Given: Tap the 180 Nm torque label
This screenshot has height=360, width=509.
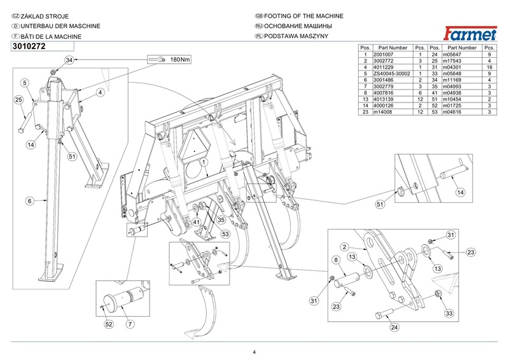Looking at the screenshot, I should [x=179, y=60].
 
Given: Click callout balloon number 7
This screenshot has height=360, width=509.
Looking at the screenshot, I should [x=130, y=324].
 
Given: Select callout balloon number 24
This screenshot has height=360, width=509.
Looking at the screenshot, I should [x=394, y=328].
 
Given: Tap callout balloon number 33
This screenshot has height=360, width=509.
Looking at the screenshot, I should [x=448, y=313].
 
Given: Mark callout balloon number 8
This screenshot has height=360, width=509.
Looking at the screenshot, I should [x=335, y=260].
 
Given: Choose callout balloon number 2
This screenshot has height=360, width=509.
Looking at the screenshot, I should [x=344, y=247].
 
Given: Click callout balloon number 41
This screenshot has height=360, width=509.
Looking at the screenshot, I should [x=197, y=222].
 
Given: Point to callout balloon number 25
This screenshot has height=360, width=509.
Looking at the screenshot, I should [x=19, y=99].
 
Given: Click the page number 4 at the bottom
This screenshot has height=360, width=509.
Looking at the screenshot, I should [x=254, y=352].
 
